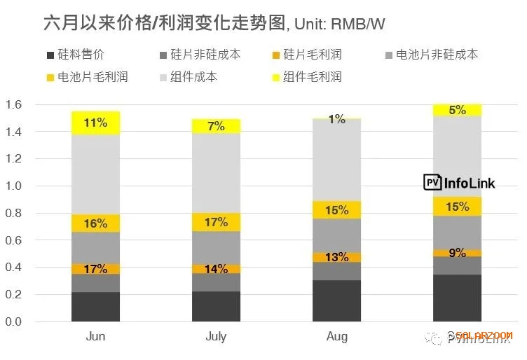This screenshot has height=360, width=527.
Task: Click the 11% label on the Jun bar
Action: [96, 123]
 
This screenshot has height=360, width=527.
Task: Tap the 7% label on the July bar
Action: [217, 127]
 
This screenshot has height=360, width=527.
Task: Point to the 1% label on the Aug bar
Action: [337, 120]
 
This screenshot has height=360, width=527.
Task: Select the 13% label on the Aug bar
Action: [337, 257]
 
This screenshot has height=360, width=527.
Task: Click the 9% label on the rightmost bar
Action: [458, 253]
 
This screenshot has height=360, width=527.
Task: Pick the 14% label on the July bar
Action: [217, 269]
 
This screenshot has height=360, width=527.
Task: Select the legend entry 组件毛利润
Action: [312, 76]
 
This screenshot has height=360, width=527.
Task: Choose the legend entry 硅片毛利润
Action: [312, 55]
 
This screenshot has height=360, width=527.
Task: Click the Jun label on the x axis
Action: [96, 337]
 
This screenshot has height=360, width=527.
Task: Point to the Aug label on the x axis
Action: [337, 337]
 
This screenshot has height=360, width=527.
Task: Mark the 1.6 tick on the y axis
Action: [15, 104]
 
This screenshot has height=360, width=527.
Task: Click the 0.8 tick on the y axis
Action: [15, 214]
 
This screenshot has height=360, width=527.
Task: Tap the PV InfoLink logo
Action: [460, 183]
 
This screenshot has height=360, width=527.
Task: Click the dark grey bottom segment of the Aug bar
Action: [337, 301]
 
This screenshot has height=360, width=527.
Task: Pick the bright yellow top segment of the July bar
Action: [217, 126]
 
